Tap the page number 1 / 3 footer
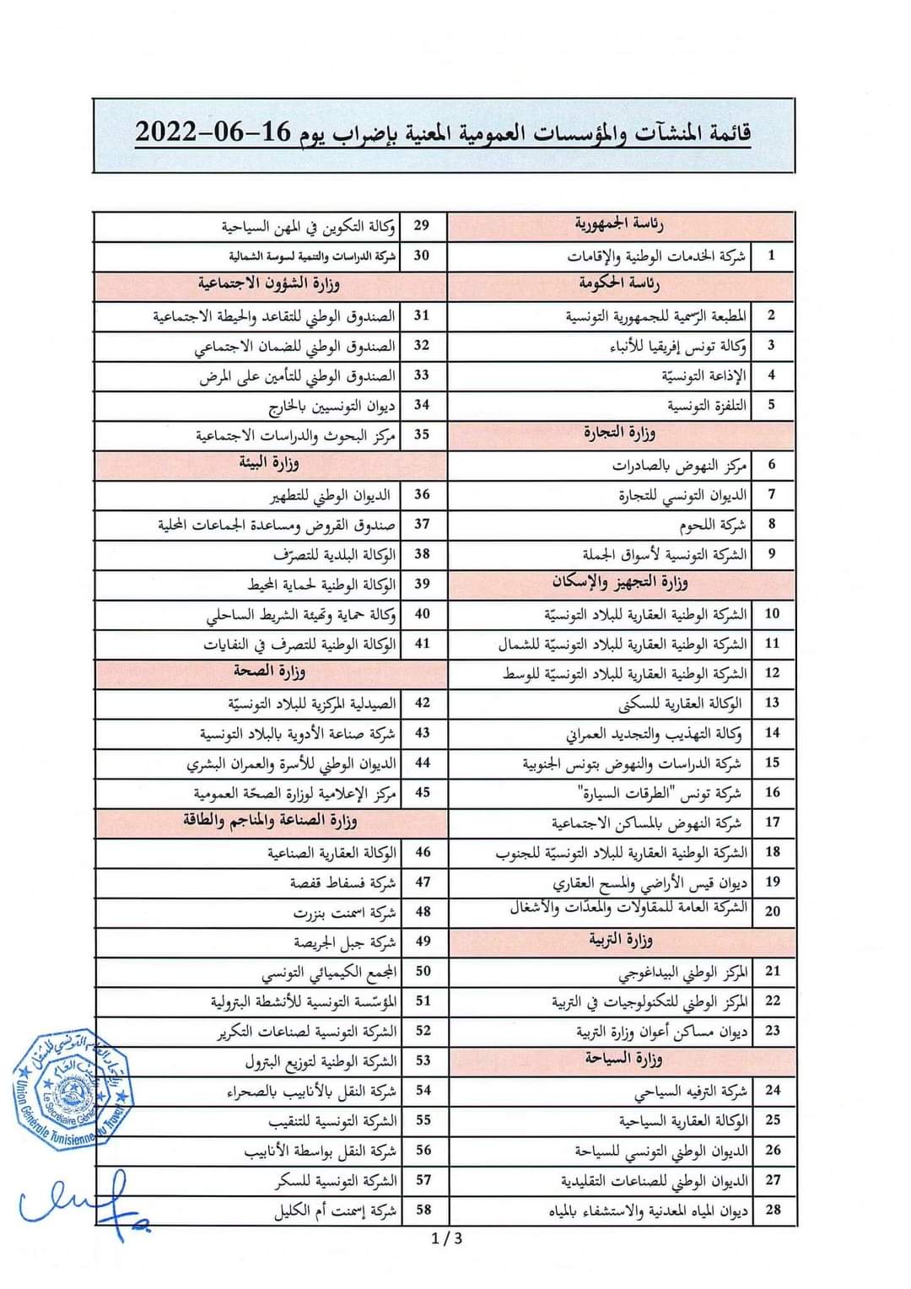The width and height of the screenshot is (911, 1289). (446, 1238)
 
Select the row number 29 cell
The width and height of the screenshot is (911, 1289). (422, 225)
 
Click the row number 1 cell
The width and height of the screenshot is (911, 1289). (771, 255)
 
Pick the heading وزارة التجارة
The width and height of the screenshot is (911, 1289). (620, 434)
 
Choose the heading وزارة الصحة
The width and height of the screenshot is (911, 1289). (270, 672)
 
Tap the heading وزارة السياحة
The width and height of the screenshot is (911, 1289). (624, 1060)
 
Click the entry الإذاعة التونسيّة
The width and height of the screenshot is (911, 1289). (703, 375)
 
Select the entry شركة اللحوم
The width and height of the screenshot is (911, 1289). (713, 525)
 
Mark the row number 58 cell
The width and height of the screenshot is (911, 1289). (423, 1210)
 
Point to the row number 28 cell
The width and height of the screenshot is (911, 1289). (773, 1210)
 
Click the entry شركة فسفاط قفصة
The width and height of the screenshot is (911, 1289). (342, 882)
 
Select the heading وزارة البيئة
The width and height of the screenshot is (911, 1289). (269, 463)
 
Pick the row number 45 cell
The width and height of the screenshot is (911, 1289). (423, 792)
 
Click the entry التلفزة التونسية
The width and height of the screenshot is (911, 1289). (707, 406)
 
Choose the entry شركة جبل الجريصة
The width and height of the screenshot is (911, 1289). (344, 942)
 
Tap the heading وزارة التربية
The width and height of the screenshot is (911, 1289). (621, 940)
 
